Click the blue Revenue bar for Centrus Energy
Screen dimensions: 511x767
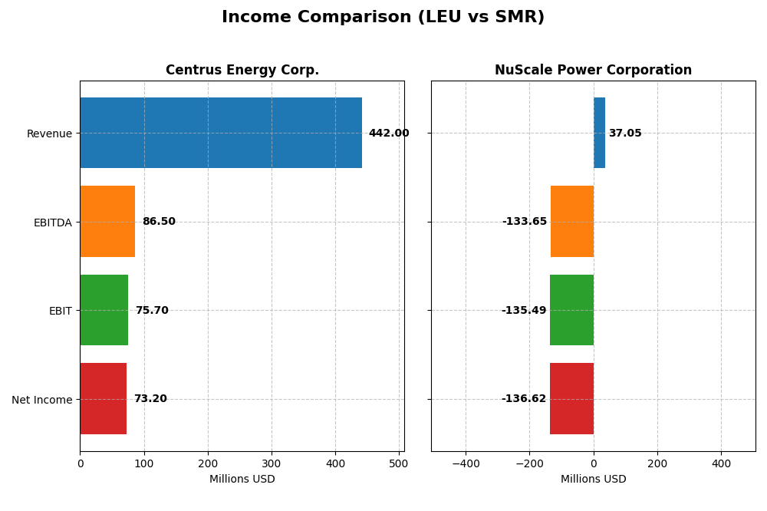pos(221,133)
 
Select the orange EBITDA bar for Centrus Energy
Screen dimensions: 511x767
pos(107,222)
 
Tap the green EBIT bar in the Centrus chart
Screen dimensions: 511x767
pos(104,310)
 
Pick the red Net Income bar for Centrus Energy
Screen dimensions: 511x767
pos(103,399)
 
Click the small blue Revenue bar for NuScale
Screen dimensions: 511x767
pos(599,133)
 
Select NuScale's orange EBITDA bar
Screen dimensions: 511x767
pos(572,222)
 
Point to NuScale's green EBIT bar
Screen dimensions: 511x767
pos(571,310)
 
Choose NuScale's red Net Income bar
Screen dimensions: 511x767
pos(571,399)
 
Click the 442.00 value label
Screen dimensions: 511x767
pos(389,134)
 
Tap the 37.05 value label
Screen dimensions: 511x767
pos(625,134)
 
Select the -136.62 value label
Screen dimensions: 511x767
pos(524,399)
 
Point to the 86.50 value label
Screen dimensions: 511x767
pos(159,222)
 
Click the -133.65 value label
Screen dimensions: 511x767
pos(525,222)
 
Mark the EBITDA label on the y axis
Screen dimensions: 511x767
pos(52,223)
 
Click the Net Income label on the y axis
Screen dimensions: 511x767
pos(41,400)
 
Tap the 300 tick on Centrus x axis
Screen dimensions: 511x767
pos(272,463)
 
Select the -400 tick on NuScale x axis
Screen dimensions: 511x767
pos(466,463)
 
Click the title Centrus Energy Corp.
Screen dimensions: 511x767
pos(242,71)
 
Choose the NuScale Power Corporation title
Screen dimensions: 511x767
pos(593,71)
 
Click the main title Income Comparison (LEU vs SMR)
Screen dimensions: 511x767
pos(383,18)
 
